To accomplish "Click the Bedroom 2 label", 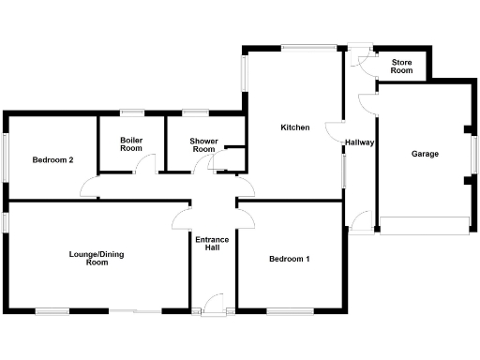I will [x=52, y=159].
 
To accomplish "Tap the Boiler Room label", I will [x=131, y=144].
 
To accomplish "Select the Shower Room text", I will [x=204, y=144].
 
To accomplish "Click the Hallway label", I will [x=360, y=143].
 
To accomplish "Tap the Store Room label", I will [x=402, y=67].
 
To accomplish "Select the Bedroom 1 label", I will [x=290, y=259].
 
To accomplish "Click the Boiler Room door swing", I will [x=142, y=165].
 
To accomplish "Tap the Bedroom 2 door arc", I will [x=88, y=189].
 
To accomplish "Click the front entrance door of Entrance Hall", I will [x=214, y=302].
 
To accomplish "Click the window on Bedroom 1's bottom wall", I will [x=285, y=311].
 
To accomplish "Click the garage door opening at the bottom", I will [x=423, y=225].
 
